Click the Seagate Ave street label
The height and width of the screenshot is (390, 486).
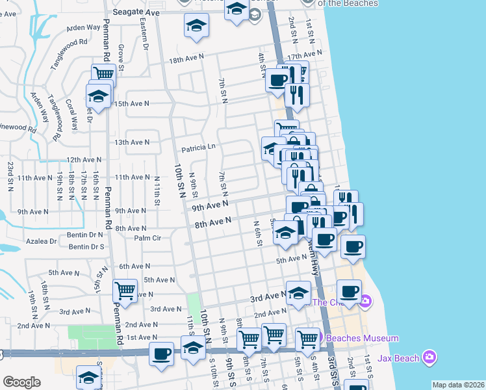[134, 12]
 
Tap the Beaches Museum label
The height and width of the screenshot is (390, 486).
[361, 339]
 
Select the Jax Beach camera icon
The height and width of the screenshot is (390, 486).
[428, 357]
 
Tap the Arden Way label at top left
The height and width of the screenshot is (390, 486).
[83, 28]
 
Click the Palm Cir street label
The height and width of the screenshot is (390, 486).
[147, 238]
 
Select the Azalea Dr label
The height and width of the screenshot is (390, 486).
[40, 241]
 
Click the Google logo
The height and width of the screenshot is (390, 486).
[21, 382]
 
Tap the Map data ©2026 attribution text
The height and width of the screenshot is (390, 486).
[457, 385]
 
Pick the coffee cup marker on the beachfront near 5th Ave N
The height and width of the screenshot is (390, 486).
[353, 246]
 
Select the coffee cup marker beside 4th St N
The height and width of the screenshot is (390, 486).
[277, 80]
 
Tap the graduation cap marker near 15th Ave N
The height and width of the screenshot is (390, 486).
[98, 96]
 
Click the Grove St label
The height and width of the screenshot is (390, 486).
[122, 55]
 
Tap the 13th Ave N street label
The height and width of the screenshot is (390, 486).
[132, 142]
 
